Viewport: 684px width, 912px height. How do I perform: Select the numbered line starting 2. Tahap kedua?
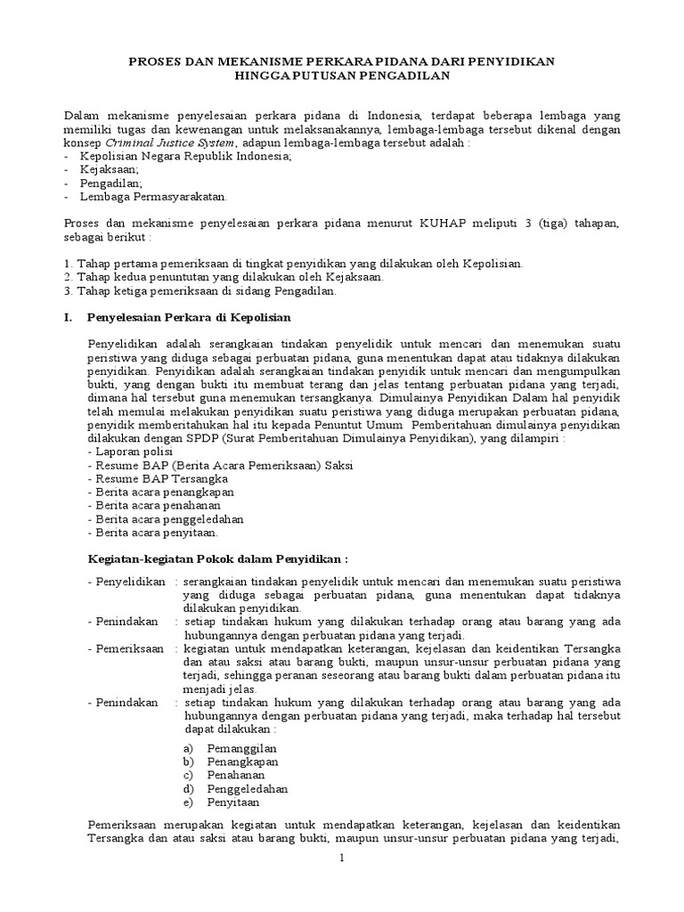[224, 277]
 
